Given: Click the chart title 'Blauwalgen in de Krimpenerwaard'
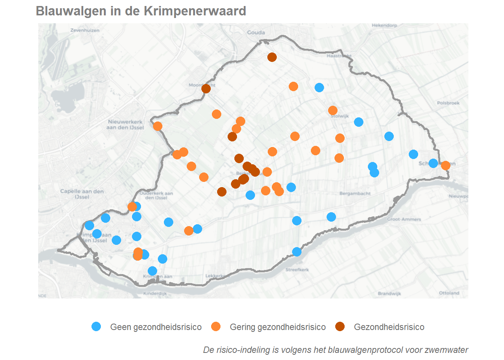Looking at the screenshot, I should [141, 11].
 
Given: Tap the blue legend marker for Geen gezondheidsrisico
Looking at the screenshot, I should [96, 327].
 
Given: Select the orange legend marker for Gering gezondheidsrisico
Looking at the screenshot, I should [216, 327].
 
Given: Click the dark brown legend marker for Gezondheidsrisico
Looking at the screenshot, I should [340, 327].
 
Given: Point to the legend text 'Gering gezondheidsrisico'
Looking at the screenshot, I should [277, 327].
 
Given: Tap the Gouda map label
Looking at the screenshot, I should [256, 33].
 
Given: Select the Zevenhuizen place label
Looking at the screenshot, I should [85, 30].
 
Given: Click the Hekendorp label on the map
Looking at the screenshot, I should [384, 25].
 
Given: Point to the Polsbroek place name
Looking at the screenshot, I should [448, 103].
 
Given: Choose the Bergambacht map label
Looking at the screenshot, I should [355, 193].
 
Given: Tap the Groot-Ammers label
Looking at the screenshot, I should [404, 219].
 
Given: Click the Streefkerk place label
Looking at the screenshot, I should [297, 270].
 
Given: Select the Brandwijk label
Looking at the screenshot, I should [389, 294].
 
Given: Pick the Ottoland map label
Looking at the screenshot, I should [449, 293].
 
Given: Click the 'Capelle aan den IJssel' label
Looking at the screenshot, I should [82, 194].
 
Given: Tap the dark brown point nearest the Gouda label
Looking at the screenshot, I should [272, 57].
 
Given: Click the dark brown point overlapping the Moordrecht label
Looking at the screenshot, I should [206, 88].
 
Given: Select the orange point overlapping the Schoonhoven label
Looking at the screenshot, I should [445, 165].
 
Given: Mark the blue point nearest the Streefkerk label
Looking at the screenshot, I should [297, 252].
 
